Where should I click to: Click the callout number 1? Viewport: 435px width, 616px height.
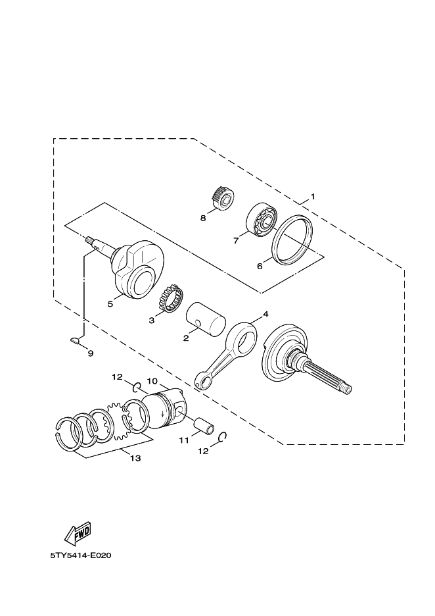click(x=313, y=196)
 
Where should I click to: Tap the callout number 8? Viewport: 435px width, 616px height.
click(x=203, y=217)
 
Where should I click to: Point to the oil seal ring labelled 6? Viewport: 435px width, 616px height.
click(x=296, y=240)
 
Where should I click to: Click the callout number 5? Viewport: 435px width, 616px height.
click(x=111, y=303)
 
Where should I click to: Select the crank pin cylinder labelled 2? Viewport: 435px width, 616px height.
click(x=205, y=317)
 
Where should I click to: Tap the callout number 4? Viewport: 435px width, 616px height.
click(x=265, y=315)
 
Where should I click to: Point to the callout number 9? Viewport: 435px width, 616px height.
click(x=91, y=353)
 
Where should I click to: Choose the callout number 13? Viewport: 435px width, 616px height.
click(x=135, y=459)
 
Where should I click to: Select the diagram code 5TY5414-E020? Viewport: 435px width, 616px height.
click(x=81, y=555)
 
